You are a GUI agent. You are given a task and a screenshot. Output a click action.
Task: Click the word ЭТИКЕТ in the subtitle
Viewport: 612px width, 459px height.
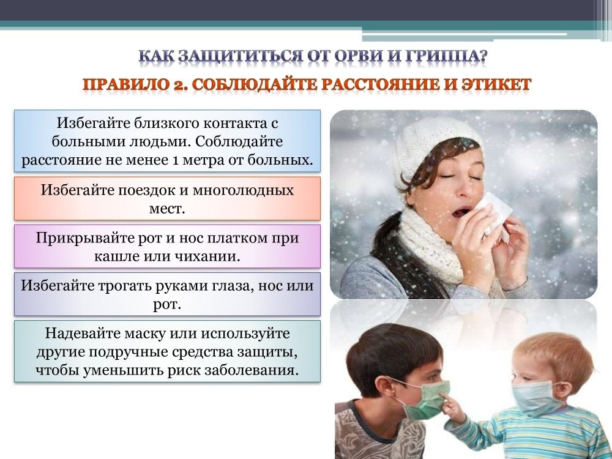coord(496,84)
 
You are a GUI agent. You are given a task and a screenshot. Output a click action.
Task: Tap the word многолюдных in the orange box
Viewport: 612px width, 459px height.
coord(243,190)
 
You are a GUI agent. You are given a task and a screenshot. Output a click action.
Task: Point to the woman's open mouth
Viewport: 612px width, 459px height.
coord(461,212)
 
